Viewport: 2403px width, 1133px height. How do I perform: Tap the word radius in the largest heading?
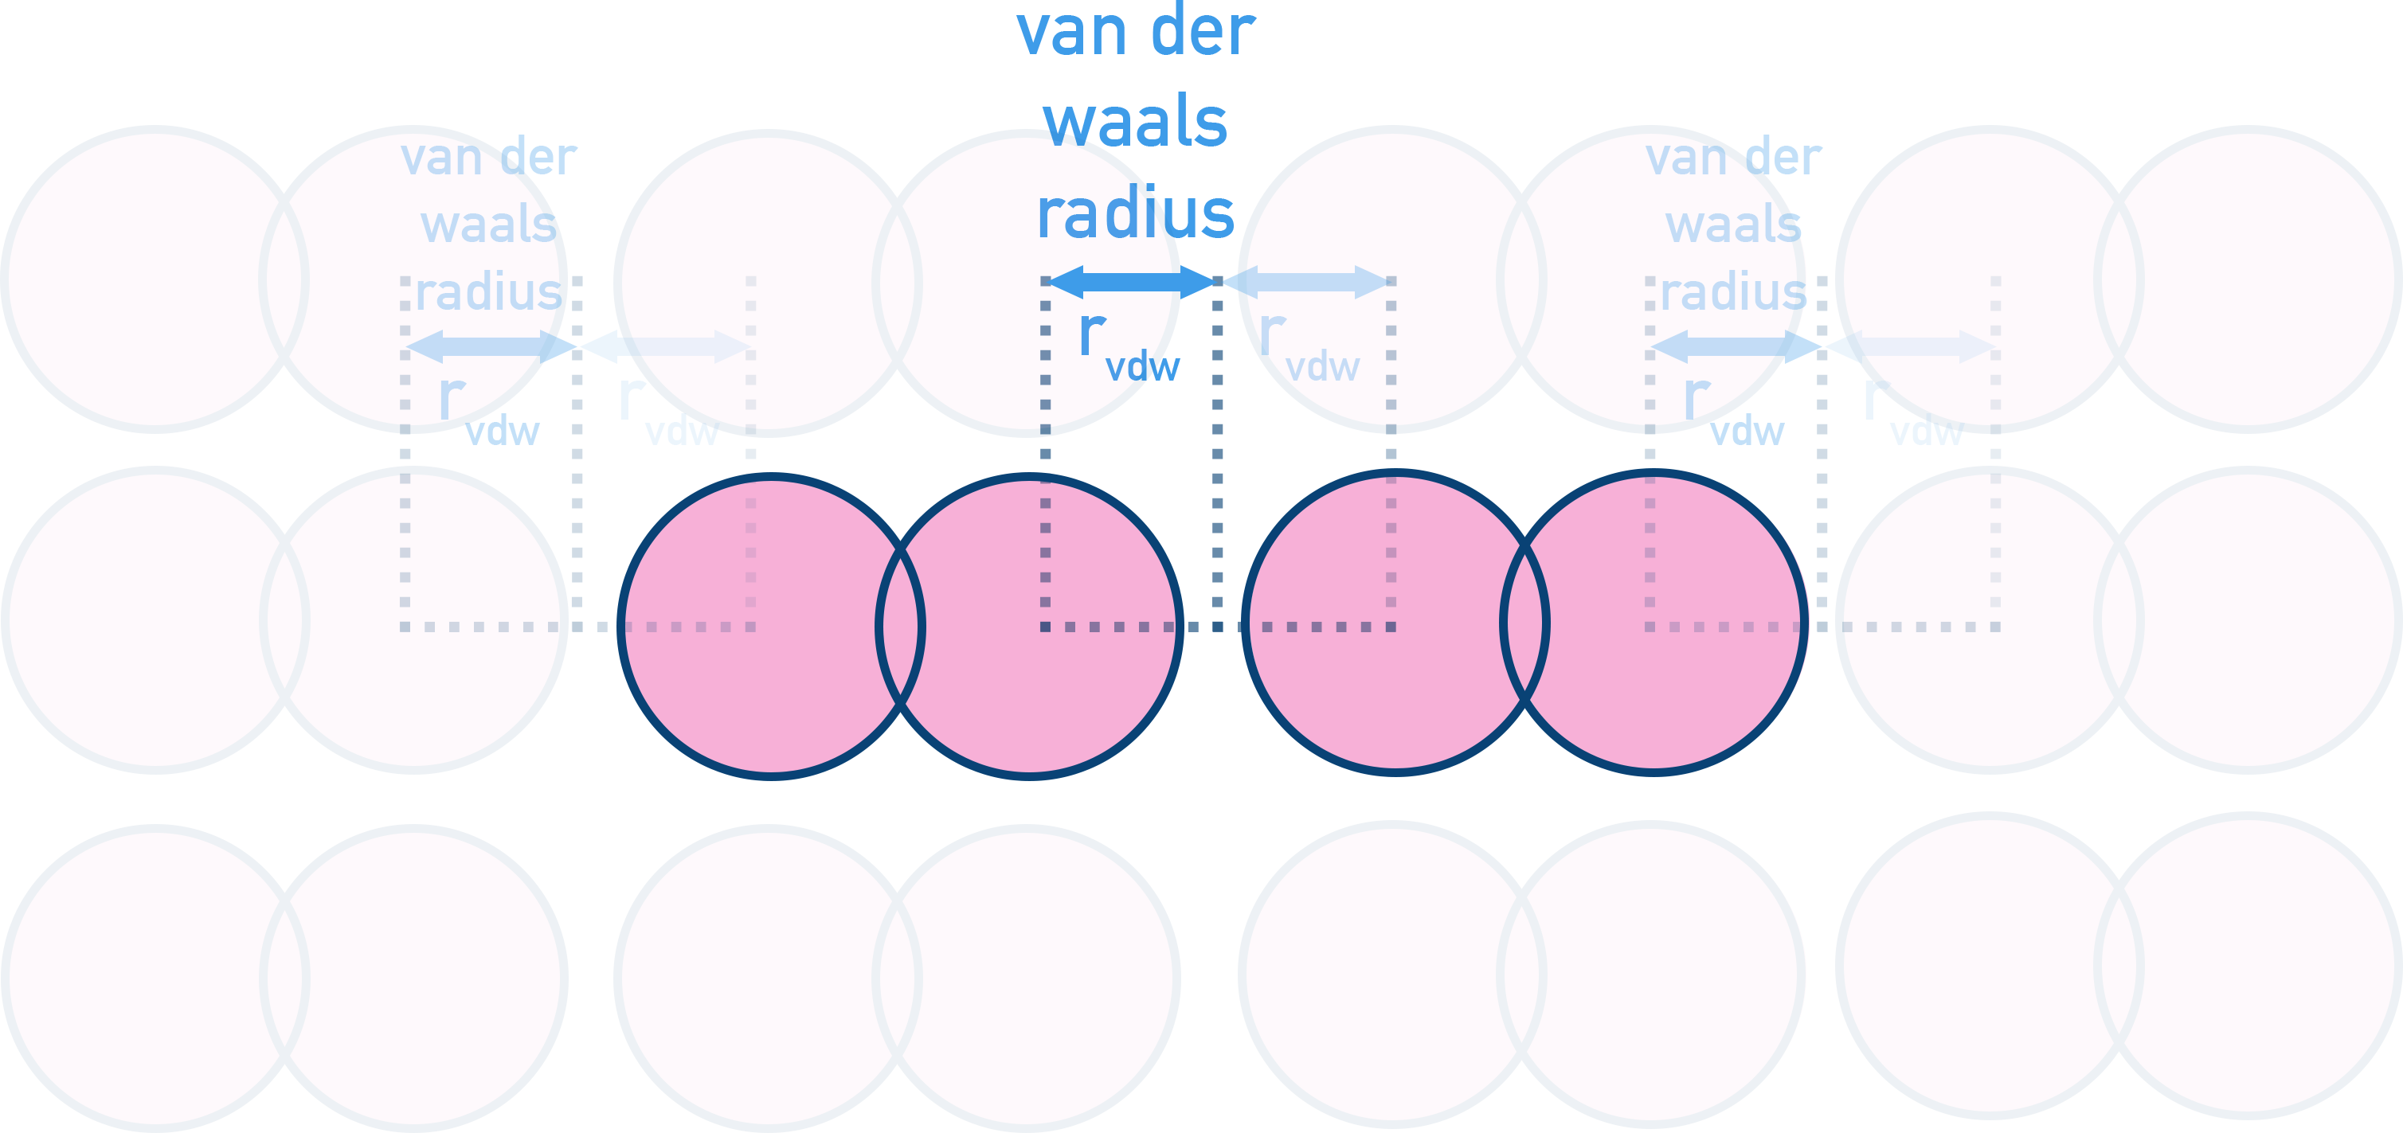coord(1135,214)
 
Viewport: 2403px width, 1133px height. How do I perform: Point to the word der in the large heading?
coord(1203,33)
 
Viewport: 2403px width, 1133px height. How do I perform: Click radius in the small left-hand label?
coord(489,293)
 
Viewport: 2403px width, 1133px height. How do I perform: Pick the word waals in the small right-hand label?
coord(1733,225)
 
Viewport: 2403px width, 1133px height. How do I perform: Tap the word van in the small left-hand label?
coord(440,158)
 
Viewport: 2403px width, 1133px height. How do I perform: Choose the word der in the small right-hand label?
coord(1783,158)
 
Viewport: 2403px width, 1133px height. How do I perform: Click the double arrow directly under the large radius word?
coord(1130,282)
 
